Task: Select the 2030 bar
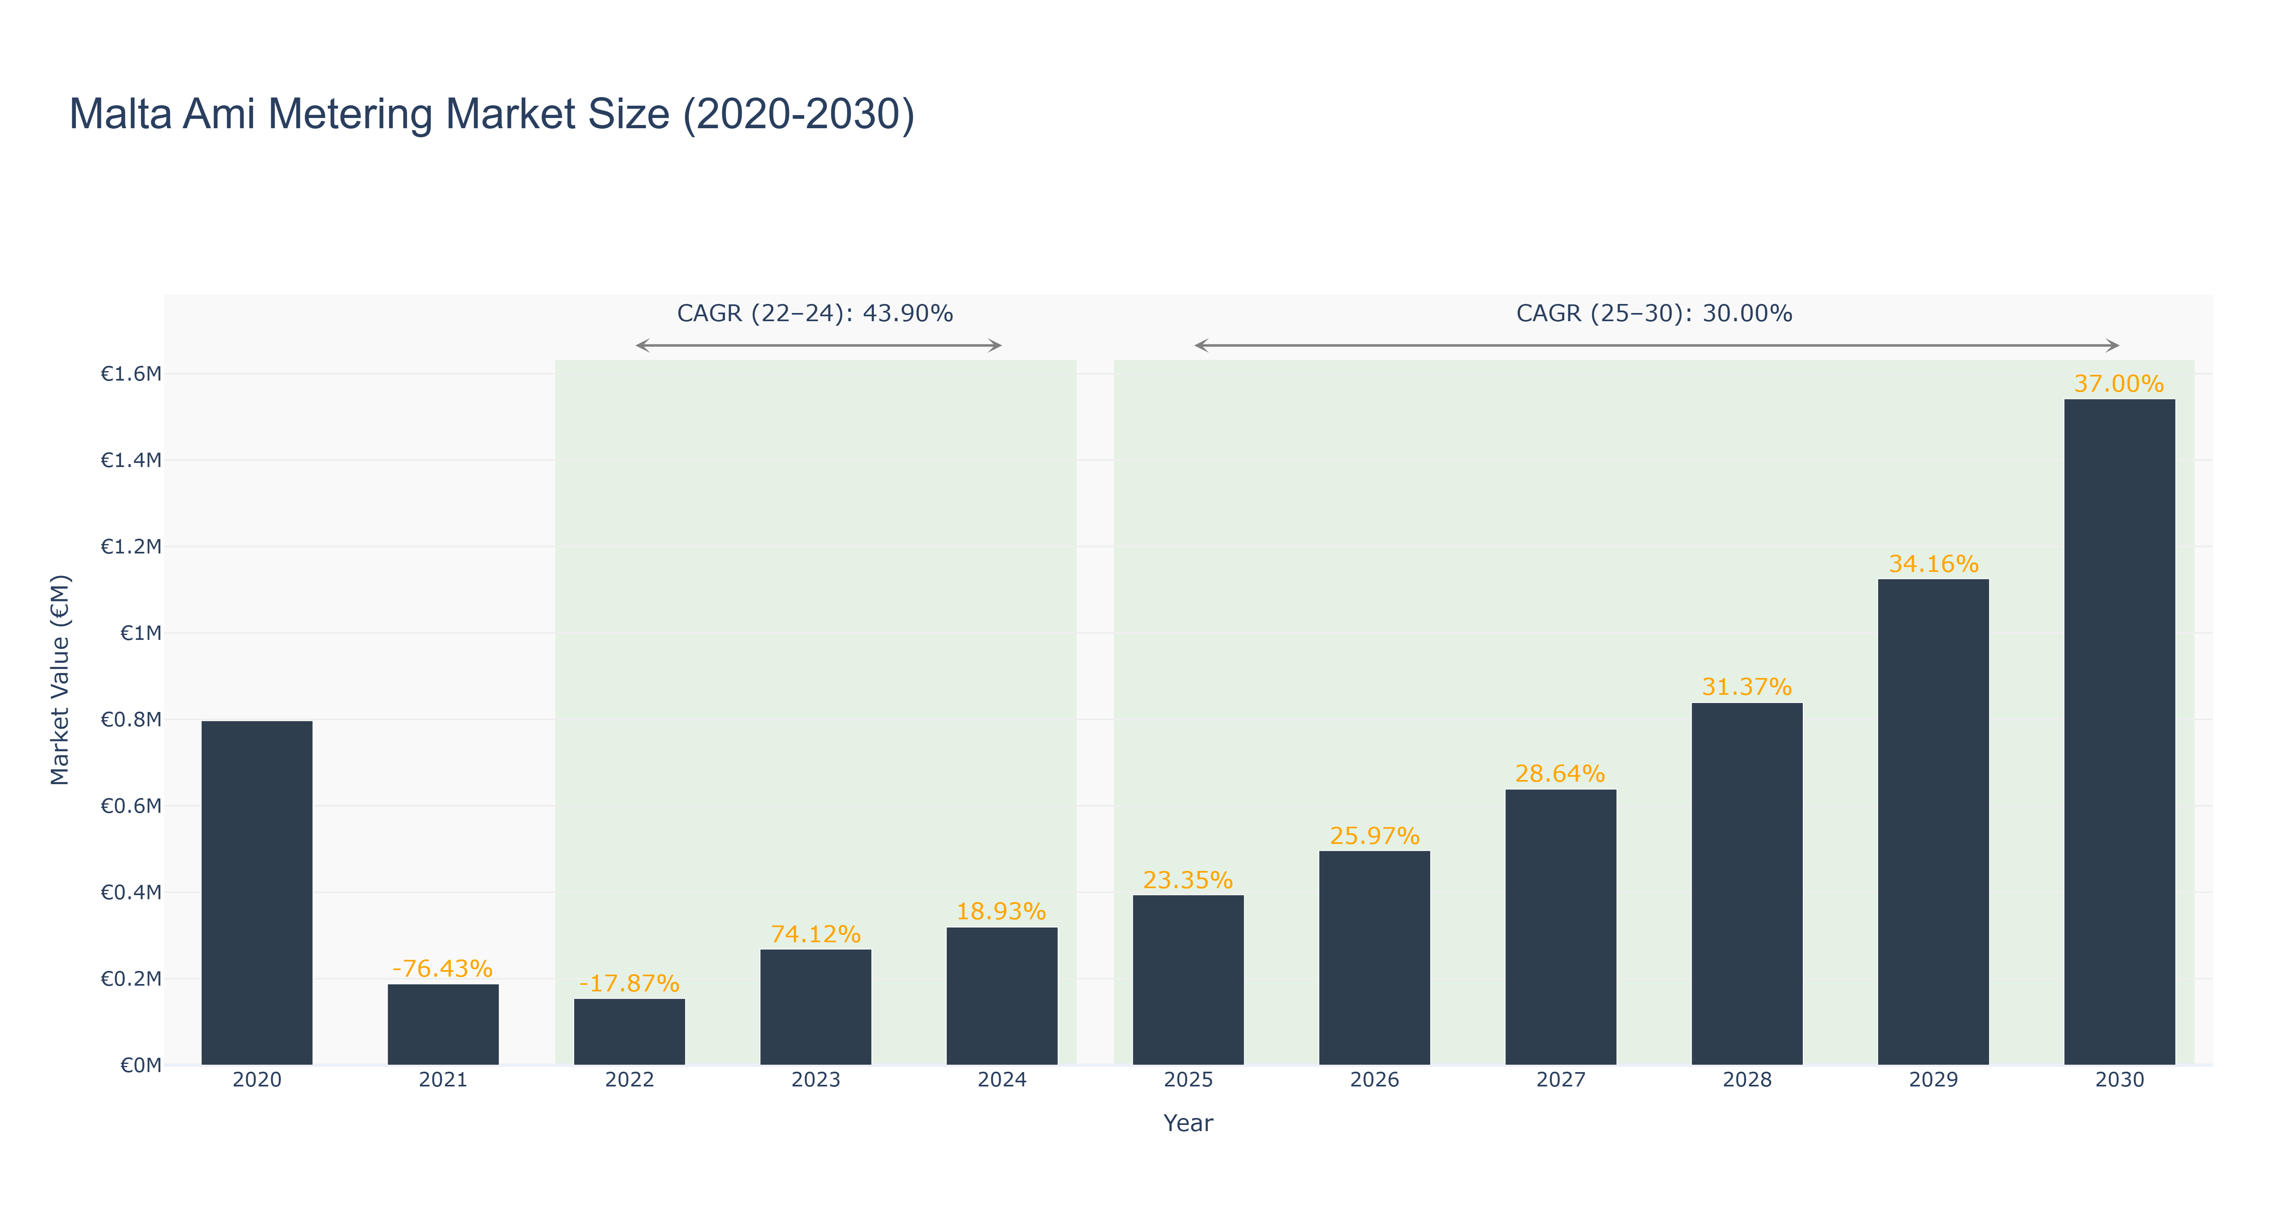click(2120, 732)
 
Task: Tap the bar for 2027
click(1561, 927)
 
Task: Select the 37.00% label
click(2120, 384)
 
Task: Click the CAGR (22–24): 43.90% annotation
click(815, 313)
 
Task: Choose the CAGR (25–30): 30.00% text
click(1654, 313)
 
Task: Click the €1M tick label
click(141, 633)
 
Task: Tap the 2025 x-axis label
click(1188, 1080)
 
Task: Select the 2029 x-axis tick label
click(1933, 1080)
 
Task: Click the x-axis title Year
click(1188, 1123)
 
